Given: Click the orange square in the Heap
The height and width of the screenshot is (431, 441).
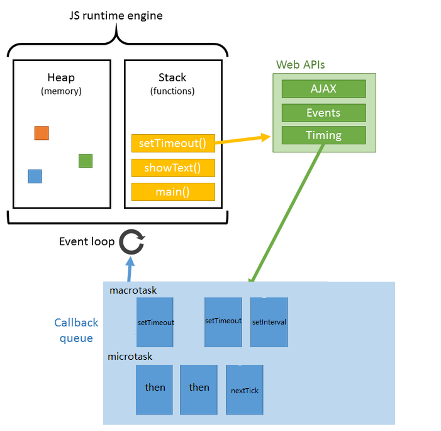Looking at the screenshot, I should click(42, 133).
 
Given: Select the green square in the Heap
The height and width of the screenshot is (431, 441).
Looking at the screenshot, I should click(86, 161).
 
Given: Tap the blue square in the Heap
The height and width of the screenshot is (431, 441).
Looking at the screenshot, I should click(35, 176).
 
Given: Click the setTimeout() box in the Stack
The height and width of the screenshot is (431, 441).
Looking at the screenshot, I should click(173, 143).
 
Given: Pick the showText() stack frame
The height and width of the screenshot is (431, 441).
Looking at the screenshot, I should click(173, 168).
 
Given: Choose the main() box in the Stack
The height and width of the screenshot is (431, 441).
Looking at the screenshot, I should click(173, 192).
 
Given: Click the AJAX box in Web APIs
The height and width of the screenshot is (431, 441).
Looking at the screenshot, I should click(323, 89).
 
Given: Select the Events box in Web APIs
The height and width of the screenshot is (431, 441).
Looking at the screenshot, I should click(323, 113).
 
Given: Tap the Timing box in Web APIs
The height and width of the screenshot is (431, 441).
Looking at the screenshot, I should click(323, 135).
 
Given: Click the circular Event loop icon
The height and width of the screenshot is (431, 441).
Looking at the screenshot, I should click(131, 241).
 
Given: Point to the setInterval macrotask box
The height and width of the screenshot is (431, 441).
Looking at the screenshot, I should click(269, 322).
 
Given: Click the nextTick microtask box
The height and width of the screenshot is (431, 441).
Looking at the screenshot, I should click(245, 390).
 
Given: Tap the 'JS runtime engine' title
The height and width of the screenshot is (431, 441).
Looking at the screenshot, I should click(116, 16).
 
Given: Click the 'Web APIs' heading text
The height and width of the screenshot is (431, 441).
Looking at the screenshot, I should click(301, 65).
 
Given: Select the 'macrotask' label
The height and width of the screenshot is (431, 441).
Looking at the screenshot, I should click(133, 290).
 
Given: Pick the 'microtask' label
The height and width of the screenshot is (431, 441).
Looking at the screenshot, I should click(130, 357).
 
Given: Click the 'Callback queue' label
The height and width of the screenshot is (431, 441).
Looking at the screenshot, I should click(76, 330).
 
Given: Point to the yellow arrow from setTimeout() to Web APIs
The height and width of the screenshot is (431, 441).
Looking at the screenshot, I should click(242, 139).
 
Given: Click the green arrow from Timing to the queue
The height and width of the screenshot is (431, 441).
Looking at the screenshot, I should click(288, 212).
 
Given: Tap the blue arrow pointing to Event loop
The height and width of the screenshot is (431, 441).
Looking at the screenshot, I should click(130, 269).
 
